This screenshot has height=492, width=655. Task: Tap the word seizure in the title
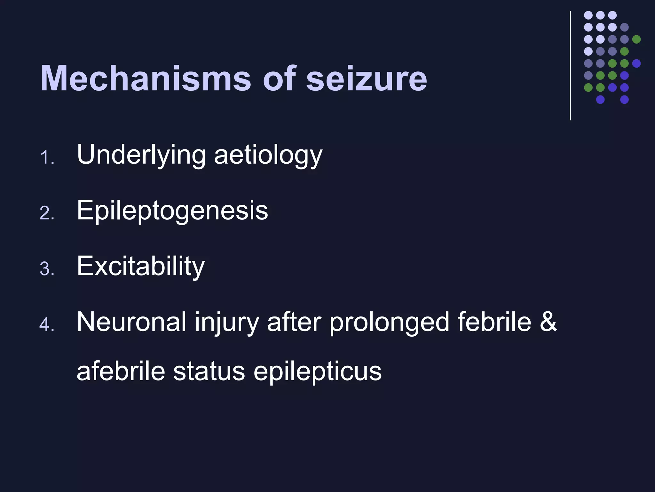[x=367, y=79]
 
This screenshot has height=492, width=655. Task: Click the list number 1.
[x=47, y=158]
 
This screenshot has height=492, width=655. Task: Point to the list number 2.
[x=47, y=213]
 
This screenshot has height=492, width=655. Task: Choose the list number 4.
[x=47, y=324]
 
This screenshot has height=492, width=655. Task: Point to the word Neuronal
[x=131, y=322]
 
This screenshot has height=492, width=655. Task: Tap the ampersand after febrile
[x=548, y=322]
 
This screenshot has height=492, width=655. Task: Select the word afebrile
[x=121, y=372]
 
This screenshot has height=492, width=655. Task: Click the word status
[x=209, y=372]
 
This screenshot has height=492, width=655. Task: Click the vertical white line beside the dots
[x=570, y=66]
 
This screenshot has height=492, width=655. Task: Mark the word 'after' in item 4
[x=294, y=322]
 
